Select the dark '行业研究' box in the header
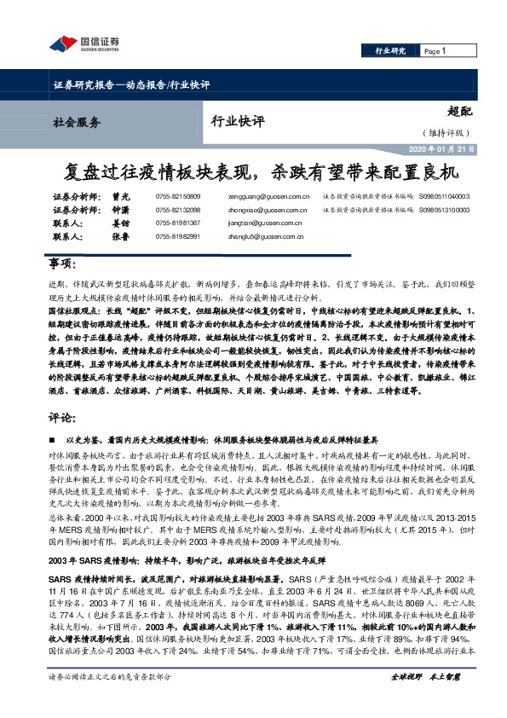click(x=391, y=51)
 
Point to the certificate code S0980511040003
click(x=444, y=196)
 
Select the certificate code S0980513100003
click(x=444, y=209)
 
